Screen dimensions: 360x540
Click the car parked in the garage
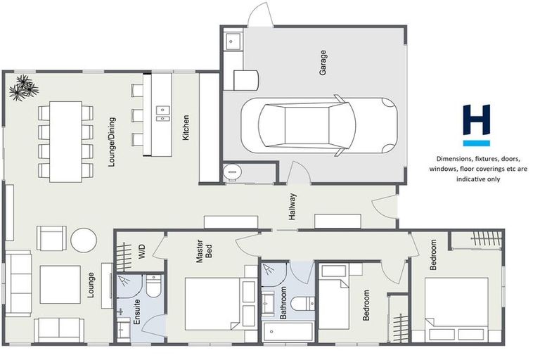pos(327,126)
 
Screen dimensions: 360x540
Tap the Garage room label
pos(323,63)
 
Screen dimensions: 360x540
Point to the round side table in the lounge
pos(84,240)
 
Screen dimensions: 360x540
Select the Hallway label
pos(292,207)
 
